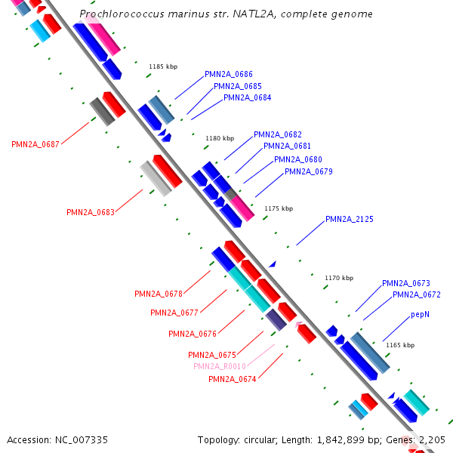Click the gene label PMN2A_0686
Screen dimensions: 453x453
click(228, 74)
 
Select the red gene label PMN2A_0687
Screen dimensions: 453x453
click(35, 144)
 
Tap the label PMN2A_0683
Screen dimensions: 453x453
click(91, 212)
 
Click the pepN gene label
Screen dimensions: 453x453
click(421, 314)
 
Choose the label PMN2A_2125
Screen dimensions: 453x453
click(349, 219)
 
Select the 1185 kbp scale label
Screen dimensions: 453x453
click(163, 66)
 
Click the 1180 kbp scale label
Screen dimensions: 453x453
click(220, 138)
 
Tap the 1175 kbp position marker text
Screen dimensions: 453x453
click(279, 208)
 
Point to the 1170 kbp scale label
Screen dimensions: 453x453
click(339, 278)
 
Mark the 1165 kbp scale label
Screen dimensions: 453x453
click(400, 345)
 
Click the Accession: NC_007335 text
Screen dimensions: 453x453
click(57, 439)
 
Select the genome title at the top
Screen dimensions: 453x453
click(226, 14)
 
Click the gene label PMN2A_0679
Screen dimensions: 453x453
click(308, 171)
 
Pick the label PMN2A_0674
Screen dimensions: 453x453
click(232, 379)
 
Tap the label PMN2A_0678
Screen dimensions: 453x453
click(159, 294)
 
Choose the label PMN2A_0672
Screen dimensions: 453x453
click(416, 294)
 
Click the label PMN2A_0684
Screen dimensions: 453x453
click(247, 97)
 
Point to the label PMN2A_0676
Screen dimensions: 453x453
click(192, 334)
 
